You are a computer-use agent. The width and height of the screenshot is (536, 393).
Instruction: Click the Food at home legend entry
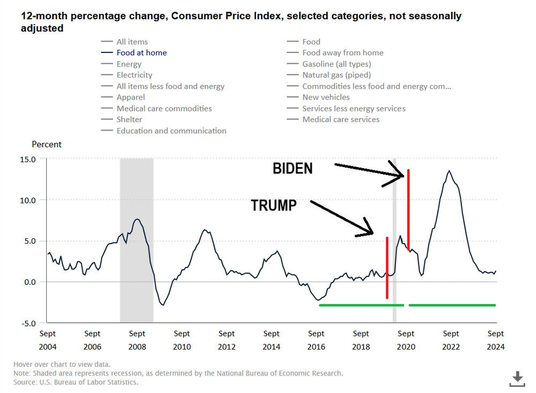pos(142,53)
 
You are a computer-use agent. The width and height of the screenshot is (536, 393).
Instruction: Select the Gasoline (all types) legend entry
pos(336,64)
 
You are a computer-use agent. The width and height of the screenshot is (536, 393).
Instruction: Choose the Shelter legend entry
pos(129,119)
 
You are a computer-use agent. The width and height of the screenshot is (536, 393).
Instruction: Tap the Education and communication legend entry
pos(171,131)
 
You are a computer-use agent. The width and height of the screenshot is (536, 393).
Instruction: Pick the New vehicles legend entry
pos(326,97)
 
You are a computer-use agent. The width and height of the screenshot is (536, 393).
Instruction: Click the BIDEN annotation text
pos(293,169)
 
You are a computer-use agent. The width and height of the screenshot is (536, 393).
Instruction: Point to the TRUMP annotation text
pos(273,205)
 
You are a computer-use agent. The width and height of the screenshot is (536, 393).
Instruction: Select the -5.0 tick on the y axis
pos(28,323)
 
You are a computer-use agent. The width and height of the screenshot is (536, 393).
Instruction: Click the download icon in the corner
pos(517,379)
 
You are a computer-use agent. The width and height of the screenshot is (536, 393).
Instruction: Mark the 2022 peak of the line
pos(449,171)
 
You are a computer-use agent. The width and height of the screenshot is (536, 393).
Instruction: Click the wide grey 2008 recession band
pos(136,241)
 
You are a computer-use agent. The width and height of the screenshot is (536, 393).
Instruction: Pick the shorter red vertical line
pos(386,268)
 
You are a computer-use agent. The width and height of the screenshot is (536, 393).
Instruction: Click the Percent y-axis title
pos(47,145)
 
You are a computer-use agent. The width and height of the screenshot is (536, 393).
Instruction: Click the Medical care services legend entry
pos(341,119)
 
